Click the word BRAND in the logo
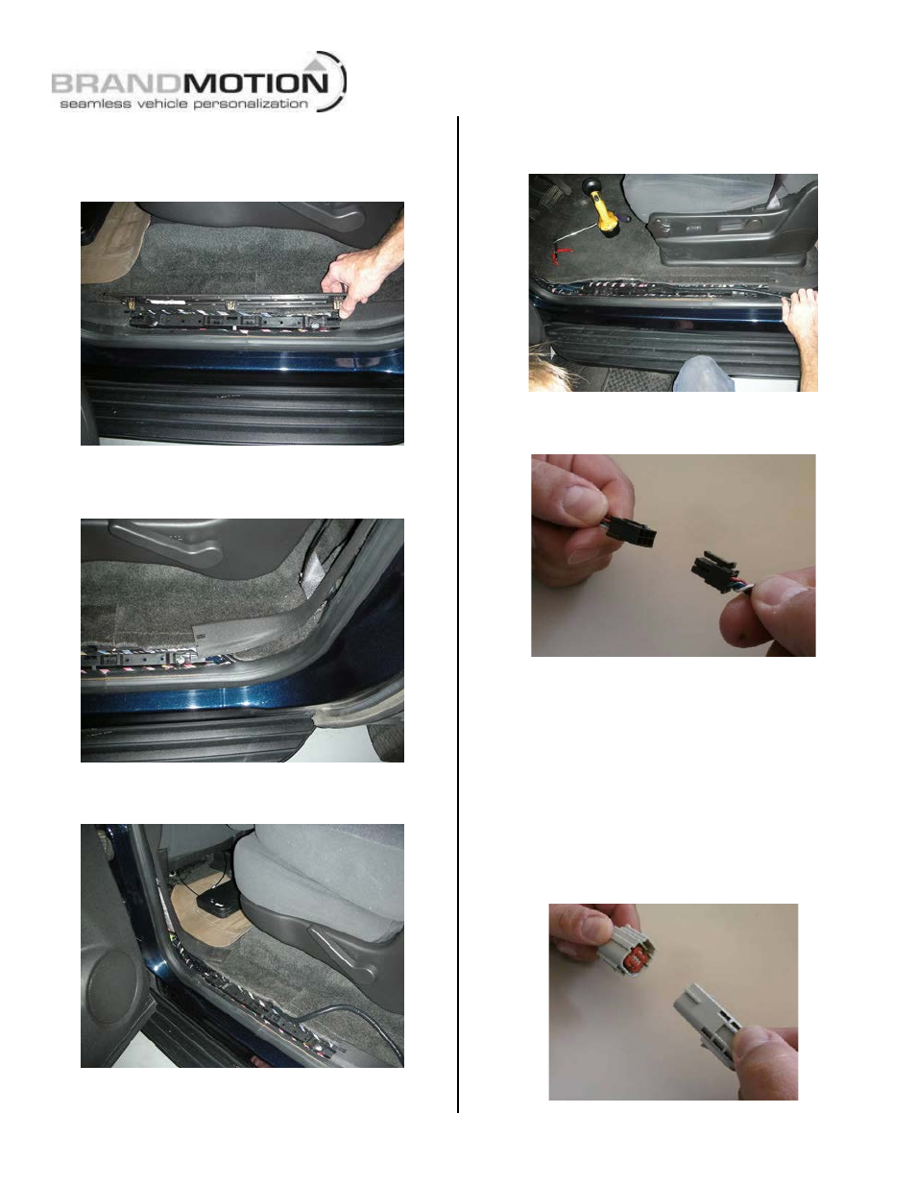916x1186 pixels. tap(116, 84)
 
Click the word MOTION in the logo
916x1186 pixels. tap(255, 84)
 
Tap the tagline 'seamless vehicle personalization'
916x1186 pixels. tap(183, 104)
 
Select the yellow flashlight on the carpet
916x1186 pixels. tap(601, 210)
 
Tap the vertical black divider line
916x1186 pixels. tap(458, 614)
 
